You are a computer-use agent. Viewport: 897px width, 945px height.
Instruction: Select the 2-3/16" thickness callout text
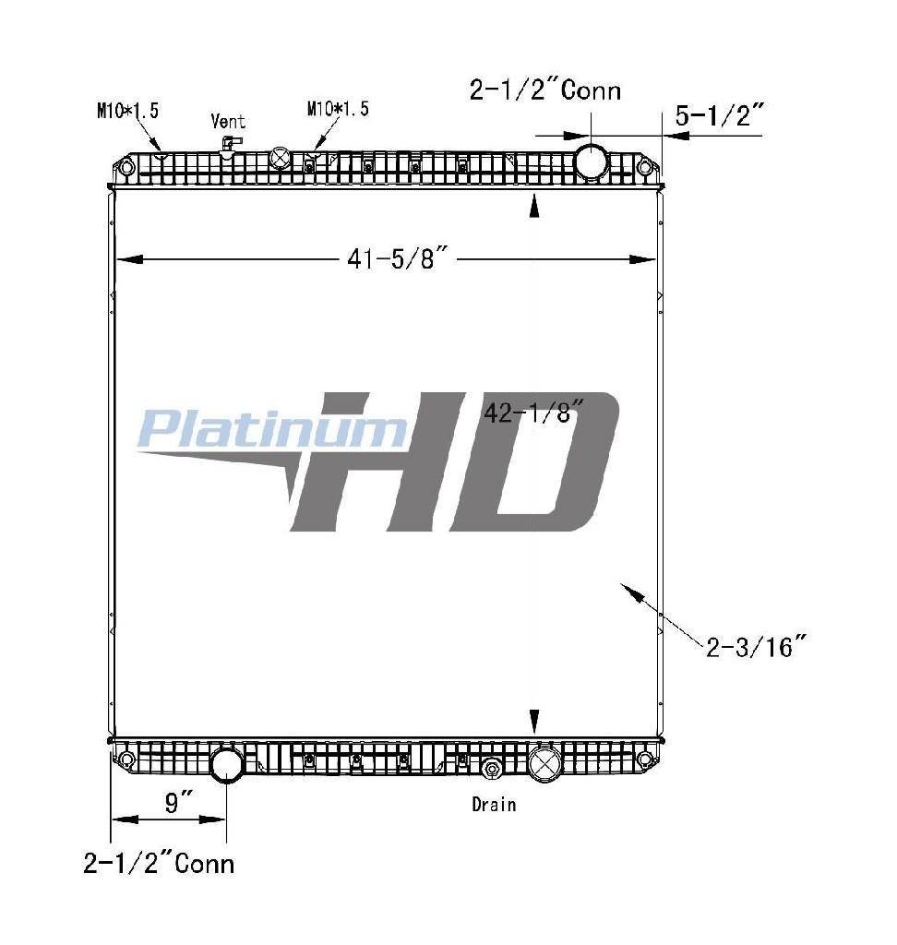pos(755,646)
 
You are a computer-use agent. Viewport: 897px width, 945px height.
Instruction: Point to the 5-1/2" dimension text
pos(719,115)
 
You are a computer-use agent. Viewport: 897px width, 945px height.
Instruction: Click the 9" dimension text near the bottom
pos(178,803)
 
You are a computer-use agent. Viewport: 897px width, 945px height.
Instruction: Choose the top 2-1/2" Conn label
pos(545,90)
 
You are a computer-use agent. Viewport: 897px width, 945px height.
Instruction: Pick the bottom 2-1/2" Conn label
pos(159,864)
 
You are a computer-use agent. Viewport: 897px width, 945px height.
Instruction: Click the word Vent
pos(228,121)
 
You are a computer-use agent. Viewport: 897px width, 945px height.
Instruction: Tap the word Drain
pos(494,804)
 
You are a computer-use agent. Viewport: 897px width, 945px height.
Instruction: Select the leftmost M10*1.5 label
pos(127,111)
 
